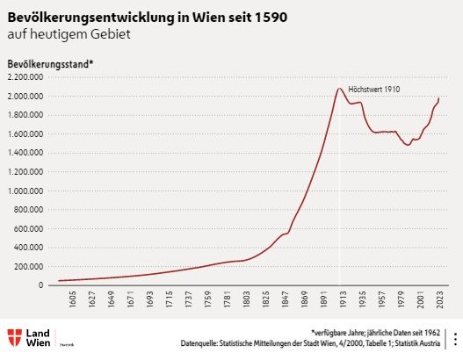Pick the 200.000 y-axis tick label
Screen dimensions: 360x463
26,266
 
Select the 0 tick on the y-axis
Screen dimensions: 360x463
40,285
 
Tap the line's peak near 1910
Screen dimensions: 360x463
339,88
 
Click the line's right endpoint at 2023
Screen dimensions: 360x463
438,99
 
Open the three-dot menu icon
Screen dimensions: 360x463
454,340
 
